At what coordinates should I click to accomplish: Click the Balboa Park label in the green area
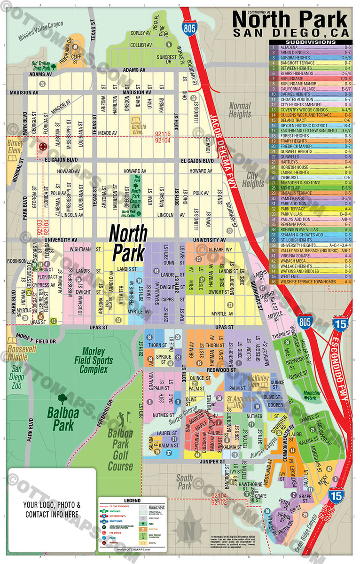(60, 419)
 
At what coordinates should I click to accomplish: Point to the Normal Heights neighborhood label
(240, 110)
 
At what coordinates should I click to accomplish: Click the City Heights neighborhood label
(253, 179)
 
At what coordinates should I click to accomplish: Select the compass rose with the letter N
(189, 525)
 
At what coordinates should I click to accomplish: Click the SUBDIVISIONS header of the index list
(310, 42)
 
